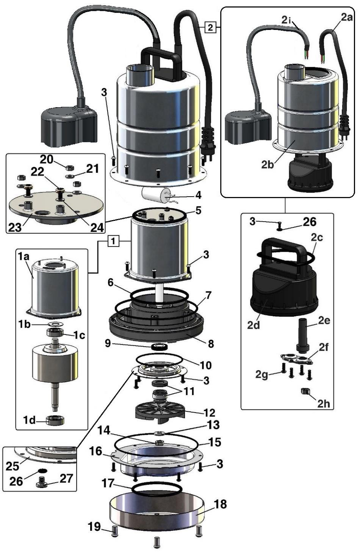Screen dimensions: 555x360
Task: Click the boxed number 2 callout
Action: click(211, 27)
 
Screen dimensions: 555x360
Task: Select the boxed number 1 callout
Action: click(115, 241)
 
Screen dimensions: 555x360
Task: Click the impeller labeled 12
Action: click(160, 411)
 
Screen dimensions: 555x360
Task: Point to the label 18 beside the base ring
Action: click(220, 504)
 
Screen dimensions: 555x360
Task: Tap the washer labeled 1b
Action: click(56, 324)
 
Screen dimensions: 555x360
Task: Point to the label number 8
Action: click(211, 343)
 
